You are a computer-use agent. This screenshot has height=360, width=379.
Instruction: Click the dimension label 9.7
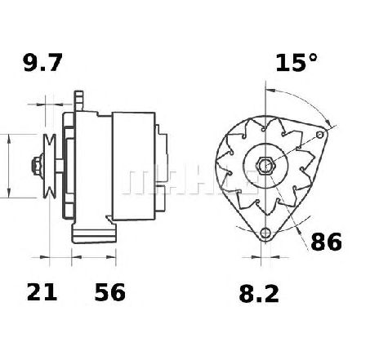pos(43,63)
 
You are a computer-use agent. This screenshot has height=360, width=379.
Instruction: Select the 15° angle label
pos(297,63)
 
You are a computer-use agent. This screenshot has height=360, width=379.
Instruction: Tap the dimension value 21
pos(42,291)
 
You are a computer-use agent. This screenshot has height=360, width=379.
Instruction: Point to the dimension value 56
pos(110,291)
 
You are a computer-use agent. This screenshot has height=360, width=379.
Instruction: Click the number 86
pos(326,242)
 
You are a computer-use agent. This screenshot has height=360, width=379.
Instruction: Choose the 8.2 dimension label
pos(259,294)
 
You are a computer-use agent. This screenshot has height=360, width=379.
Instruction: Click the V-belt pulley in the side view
pos(50,166)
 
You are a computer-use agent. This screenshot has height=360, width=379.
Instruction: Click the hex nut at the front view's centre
pos(265,165)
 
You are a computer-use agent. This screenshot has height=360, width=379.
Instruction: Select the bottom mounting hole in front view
pos(265,233)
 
